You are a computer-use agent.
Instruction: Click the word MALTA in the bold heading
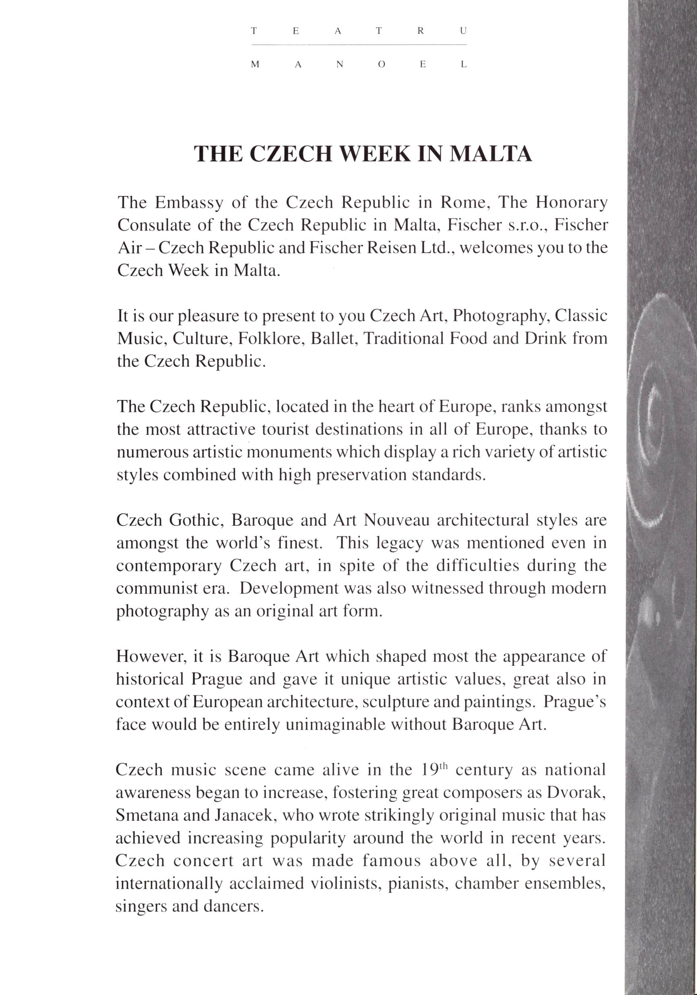coord(490,153)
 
